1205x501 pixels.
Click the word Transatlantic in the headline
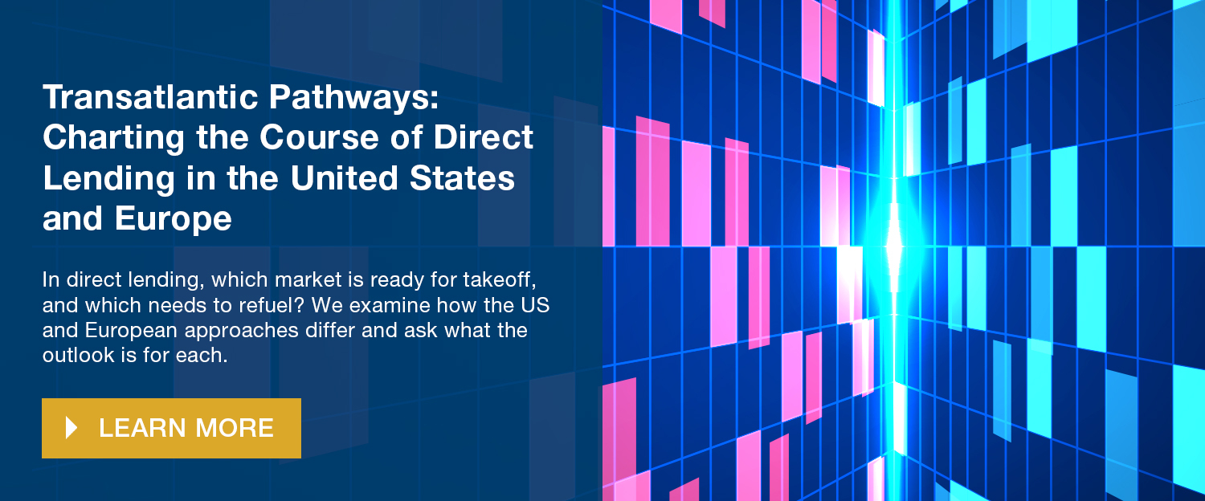point(151,97)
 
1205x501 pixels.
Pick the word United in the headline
point(345,178)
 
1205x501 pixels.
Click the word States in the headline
point(462,178)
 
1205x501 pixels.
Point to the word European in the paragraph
point(131,331)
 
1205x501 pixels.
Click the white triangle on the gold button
point(71,428)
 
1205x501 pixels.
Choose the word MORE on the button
point(235,429)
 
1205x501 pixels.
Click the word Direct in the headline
point(483,137)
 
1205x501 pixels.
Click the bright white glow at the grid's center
point(893,248)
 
